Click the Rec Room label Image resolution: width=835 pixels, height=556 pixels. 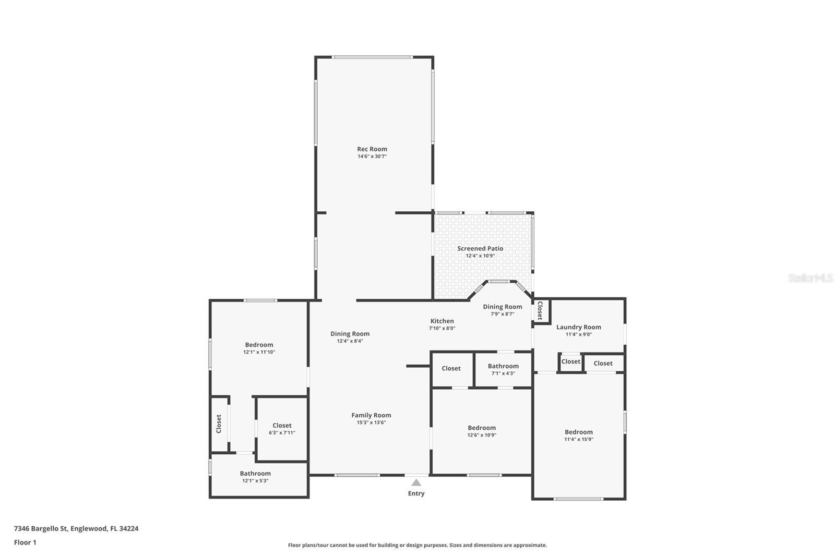point(372,149)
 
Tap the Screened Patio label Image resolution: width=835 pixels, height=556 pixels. point(480,249)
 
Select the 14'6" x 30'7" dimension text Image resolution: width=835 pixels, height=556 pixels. point(372,156)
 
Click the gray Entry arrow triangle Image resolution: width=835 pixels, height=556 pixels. point(416,482)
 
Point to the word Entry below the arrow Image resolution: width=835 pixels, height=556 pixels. point(416,493)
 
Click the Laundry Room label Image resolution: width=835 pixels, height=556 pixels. point(578,327)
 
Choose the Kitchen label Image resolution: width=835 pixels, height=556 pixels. point(442,321)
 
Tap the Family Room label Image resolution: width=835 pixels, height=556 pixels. point(371,415)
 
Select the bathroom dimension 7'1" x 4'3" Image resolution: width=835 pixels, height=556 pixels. point(503,373)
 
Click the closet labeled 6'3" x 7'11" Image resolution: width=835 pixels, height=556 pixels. point(282,432)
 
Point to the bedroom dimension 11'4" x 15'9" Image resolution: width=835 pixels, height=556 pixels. point(578,439)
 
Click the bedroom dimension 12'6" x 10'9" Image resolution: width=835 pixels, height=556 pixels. point(482,435)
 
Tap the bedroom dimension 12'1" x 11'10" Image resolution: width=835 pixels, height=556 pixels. point(259,352)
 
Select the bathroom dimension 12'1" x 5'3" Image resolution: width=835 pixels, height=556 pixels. point(255,481)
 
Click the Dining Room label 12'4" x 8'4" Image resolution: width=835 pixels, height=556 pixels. point(350,334)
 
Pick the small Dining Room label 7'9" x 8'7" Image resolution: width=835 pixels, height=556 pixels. point(502,307)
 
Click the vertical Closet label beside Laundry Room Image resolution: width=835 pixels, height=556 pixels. point(540,310)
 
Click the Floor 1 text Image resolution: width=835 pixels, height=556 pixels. point(25,542)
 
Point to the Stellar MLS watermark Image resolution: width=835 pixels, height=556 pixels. point(810,278)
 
